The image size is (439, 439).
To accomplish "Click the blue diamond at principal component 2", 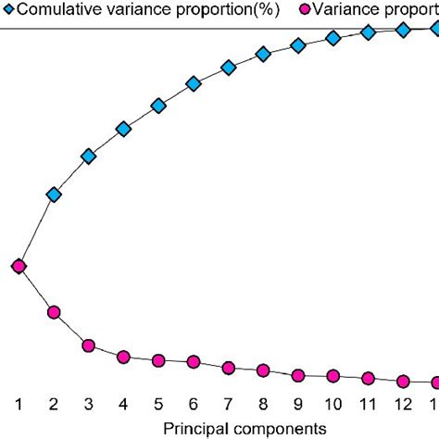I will coord(54,194).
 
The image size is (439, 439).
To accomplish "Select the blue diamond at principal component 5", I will coord(158,107).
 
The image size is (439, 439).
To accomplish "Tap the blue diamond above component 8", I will coord(263,55).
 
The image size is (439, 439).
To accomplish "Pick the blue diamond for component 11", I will coord(368,32).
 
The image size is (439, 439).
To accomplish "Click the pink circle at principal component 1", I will coord(19,267).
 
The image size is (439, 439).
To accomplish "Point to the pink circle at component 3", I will coord(89,345).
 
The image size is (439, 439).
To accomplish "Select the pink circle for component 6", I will coord(194,362).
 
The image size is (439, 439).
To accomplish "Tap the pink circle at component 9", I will coord(298,375).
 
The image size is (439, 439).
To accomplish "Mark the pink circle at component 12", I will coord(403,381).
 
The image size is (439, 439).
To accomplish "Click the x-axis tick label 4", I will coord(123,405).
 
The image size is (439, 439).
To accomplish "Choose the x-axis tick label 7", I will coord(228,405).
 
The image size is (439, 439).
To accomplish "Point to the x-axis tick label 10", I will coord(332,405).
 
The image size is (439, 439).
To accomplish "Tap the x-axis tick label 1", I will coord(19,405).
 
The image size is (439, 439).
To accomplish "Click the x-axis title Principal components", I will coord(245,429).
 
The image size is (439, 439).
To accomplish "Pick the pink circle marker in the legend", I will coord(307,9).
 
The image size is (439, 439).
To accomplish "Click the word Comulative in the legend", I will coord(60,9).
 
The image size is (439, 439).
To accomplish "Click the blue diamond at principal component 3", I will coord(89,157).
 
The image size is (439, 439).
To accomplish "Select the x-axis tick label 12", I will coord(403,405).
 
